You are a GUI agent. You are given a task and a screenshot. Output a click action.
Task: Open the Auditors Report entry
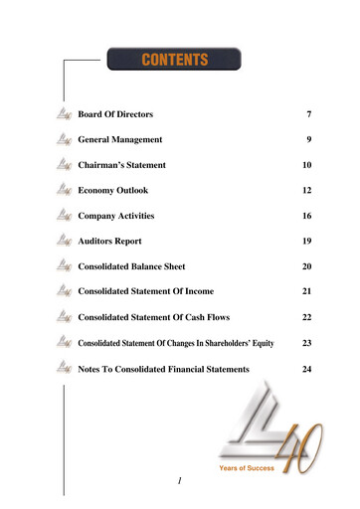[x=110, y=242]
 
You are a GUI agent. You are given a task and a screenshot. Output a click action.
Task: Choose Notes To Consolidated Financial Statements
[x=164, y=369]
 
